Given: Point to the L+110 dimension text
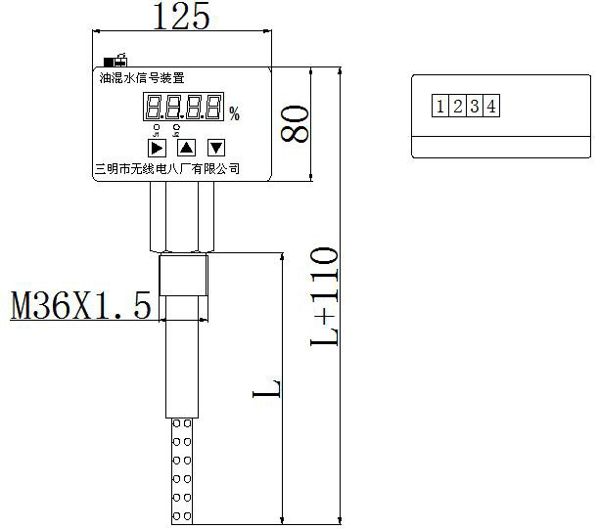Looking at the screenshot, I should click(x=324, y=295).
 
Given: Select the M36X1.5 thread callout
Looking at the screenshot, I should click(x=81, y=306).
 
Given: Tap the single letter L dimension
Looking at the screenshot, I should click(x=268, y=388).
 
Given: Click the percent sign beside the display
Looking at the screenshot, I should click(x=234, y=114).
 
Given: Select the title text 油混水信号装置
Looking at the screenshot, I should click(x=142, y=76).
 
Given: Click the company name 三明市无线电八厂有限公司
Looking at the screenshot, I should click(x=166, y=169).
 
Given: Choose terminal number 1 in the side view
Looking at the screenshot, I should click(x=441, y=106).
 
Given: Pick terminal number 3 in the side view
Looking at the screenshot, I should click(x=474, y=106).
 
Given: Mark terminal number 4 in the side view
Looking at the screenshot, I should click(x=489, y=106).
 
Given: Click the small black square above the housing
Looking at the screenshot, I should click(x=108, y=62).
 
